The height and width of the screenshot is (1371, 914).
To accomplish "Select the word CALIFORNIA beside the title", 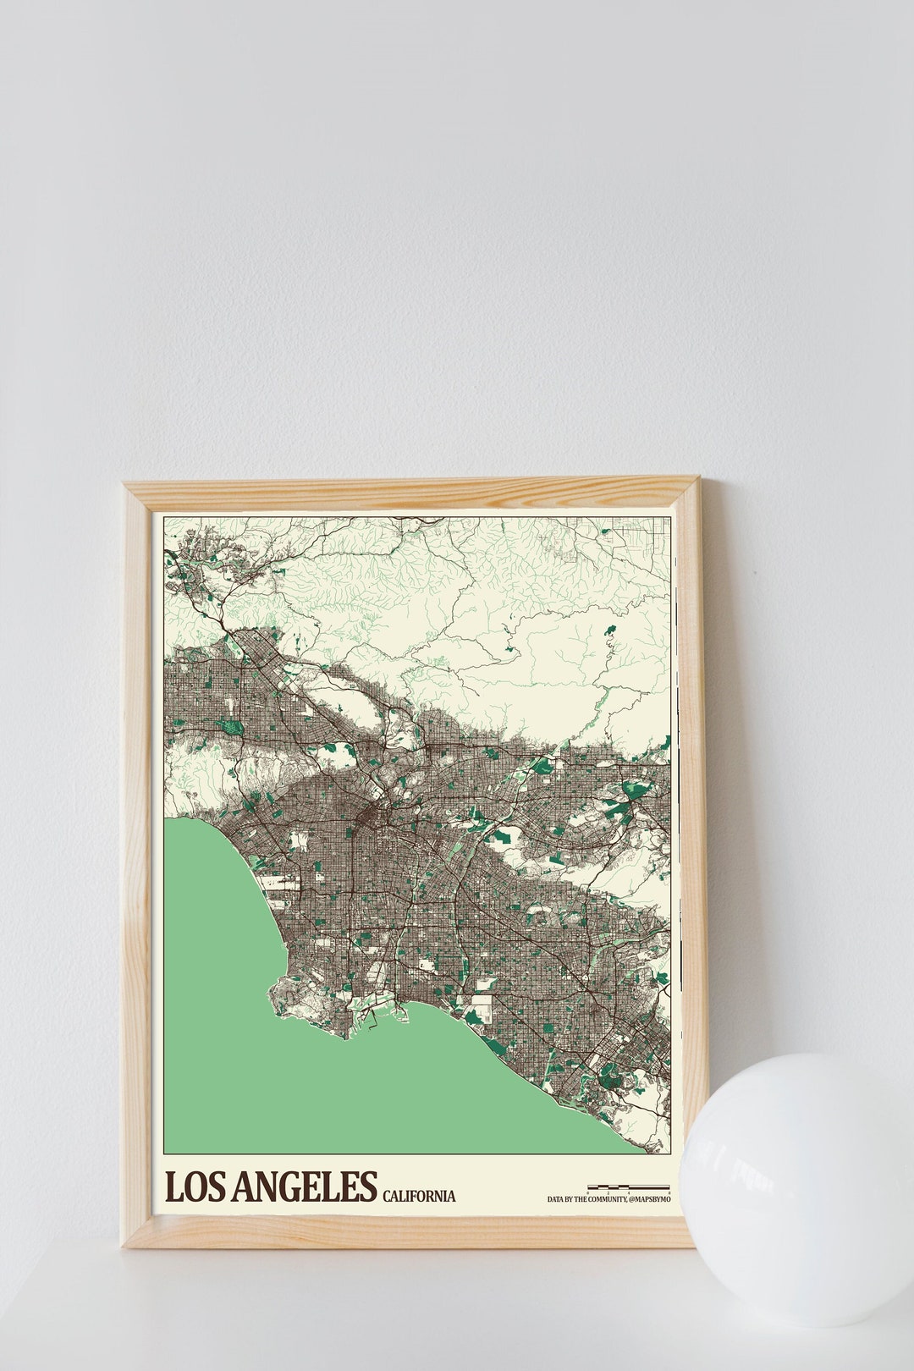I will point(419,1196).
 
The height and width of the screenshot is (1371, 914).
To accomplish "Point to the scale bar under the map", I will point(629,1187).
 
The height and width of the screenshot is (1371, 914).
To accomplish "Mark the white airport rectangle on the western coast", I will point(279,880).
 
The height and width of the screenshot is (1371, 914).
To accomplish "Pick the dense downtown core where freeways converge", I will point(372,817).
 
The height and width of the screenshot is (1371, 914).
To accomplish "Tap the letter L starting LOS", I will point(173,1187).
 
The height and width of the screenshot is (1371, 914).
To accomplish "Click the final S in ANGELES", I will point(366,1187).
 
